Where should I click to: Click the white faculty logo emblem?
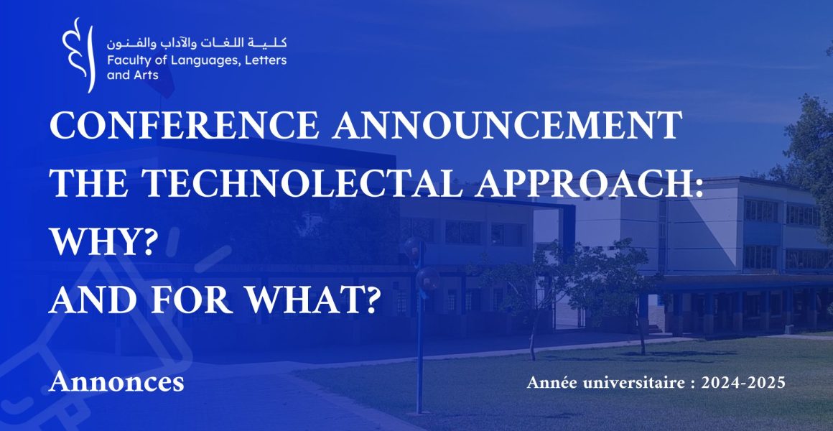[78, 55]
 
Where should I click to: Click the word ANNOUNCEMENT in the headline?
[508, 126]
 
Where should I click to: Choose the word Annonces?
[116, 381]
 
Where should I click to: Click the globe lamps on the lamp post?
[422, 264]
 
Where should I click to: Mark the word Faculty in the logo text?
[126, 60]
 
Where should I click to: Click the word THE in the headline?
[89, 184]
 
